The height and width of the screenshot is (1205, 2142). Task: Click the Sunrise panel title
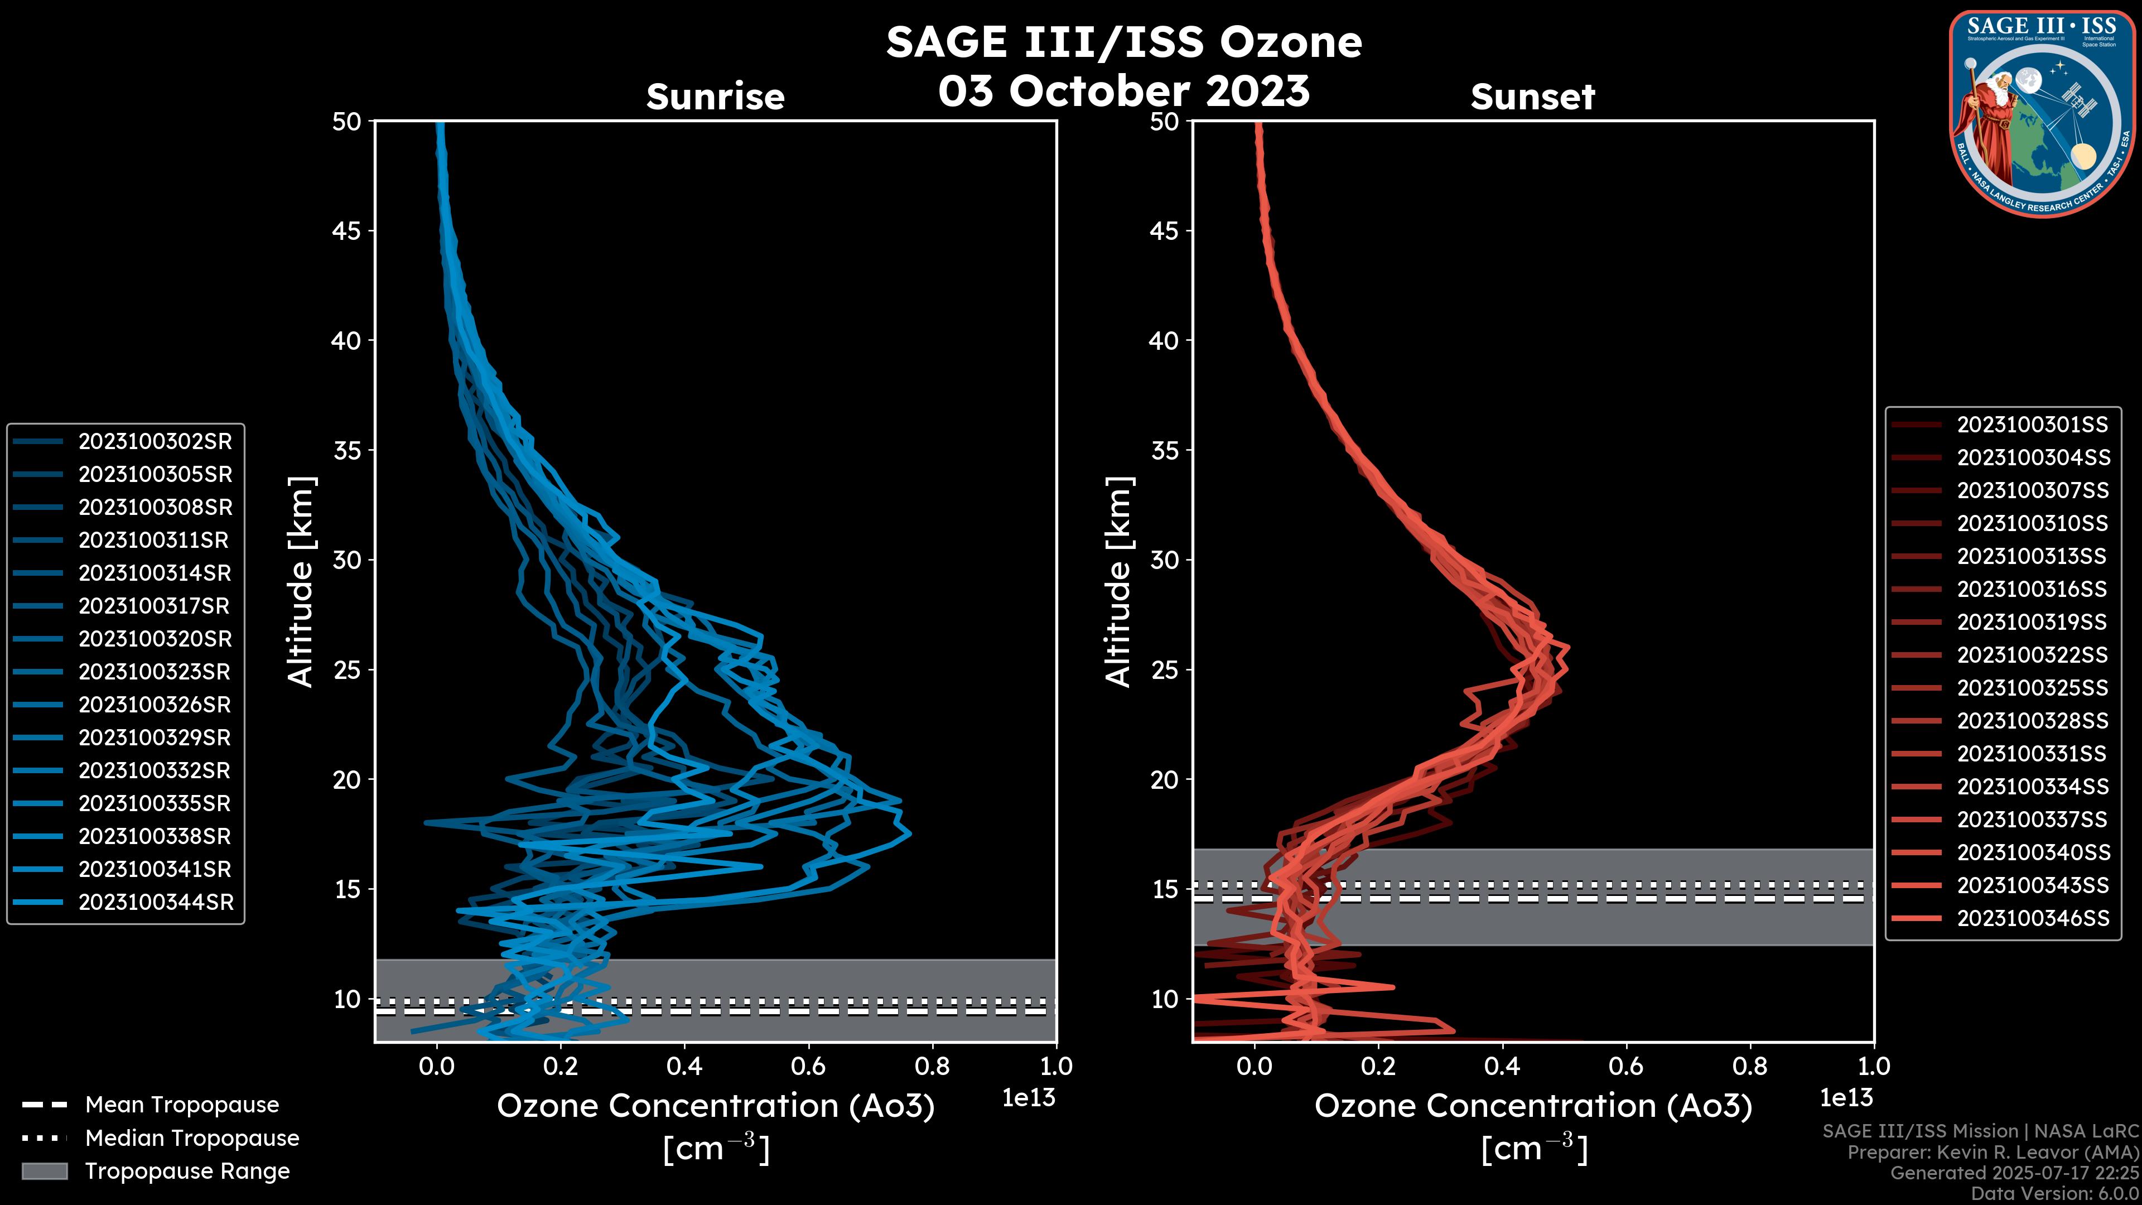(x=715, y=97)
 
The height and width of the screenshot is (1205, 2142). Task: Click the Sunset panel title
(x=1532, y=97)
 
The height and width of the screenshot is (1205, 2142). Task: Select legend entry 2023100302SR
(x=155, y=442)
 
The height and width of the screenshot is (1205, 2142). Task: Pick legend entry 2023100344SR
(x=156, y=902)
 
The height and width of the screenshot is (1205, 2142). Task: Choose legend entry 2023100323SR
(x=155, y=672)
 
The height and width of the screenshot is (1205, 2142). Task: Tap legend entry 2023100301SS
(x=2032, y=425)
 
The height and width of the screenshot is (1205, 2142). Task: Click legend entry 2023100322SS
(x=2032, y=655)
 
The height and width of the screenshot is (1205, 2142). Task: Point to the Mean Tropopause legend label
(x=182, y=1105)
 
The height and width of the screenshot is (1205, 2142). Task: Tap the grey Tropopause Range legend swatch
(x=45, y=1171)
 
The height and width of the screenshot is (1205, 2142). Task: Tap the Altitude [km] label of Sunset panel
(x=1118, y=582)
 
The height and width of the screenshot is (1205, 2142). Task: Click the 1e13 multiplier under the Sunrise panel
(x=1029, y=1098)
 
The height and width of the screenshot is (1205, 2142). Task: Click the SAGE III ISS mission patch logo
(x=2043, y=113)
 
